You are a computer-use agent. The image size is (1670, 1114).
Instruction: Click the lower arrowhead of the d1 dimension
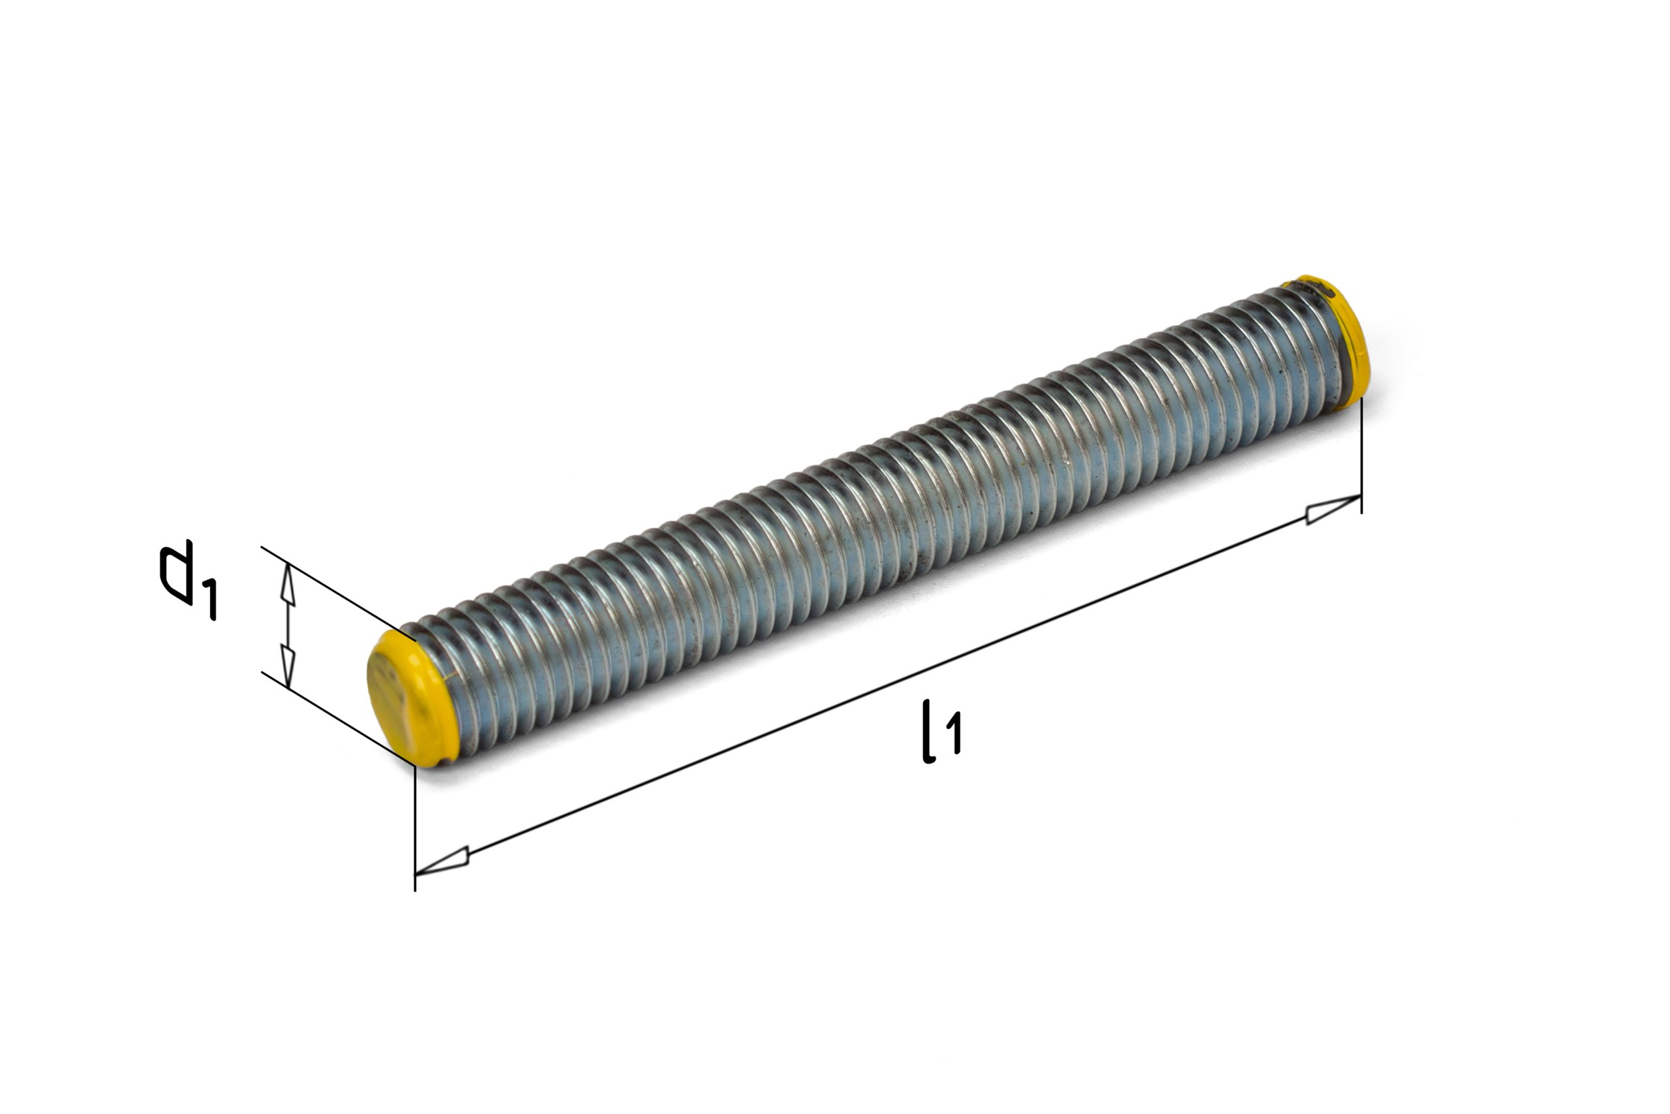click(288, 666)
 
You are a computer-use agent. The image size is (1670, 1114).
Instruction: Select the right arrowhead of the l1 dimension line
click(1333, 510)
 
